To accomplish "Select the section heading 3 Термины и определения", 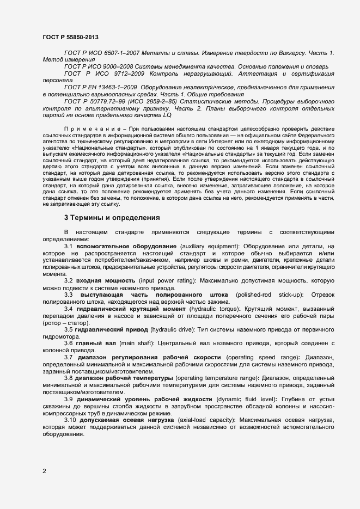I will coord(112,218).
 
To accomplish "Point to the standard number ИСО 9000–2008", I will coord(106,66).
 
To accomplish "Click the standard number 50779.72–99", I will coord(101,101).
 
